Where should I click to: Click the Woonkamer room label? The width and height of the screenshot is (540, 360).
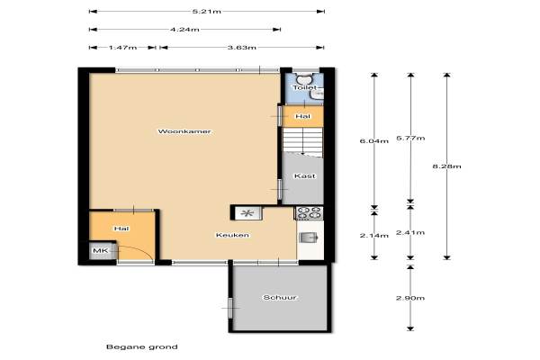coord(184,131)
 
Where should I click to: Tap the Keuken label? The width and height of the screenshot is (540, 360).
coord(232,235)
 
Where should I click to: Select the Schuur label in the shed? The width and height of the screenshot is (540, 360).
coord(280,297)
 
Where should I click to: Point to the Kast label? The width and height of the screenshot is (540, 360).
coord(304,176)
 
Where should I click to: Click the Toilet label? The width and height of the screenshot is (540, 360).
coord(304,87)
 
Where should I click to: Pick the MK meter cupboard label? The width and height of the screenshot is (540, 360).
coord(101,250)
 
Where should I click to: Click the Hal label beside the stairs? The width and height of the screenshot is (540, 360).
coord(302,116)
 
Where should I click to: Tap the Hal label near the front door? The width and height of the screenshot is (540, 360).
coord(121,229)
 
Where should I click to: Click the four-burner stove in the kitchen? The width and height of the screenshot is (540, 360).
coord(309,213)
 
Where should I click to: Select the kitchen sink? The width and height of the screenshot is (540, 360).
coord(308,238)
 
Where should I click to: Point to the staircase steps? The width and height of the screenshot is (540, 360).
coord(302,140)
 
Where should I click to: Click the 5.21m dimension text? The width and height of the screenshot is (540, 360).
coord(207,12)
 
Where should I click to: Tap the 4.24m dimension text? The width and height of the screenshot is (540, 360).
coord(184,30)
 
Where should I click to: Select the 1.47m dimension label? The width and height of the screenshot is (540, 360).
coord(123,47)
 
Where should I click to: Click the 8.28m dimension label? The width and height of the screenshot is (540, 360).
coord(446,166)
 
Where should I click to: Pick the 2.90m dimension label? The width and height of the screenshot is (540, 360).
coord(410,298)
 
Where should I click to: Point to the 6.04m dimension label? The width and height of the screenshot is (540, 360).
coord(374,141)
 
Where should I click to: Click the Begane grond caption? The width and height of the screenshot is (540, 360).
coord(142,346)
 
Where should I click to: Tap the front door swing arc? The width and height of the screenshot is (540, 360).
coord(144,249)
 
